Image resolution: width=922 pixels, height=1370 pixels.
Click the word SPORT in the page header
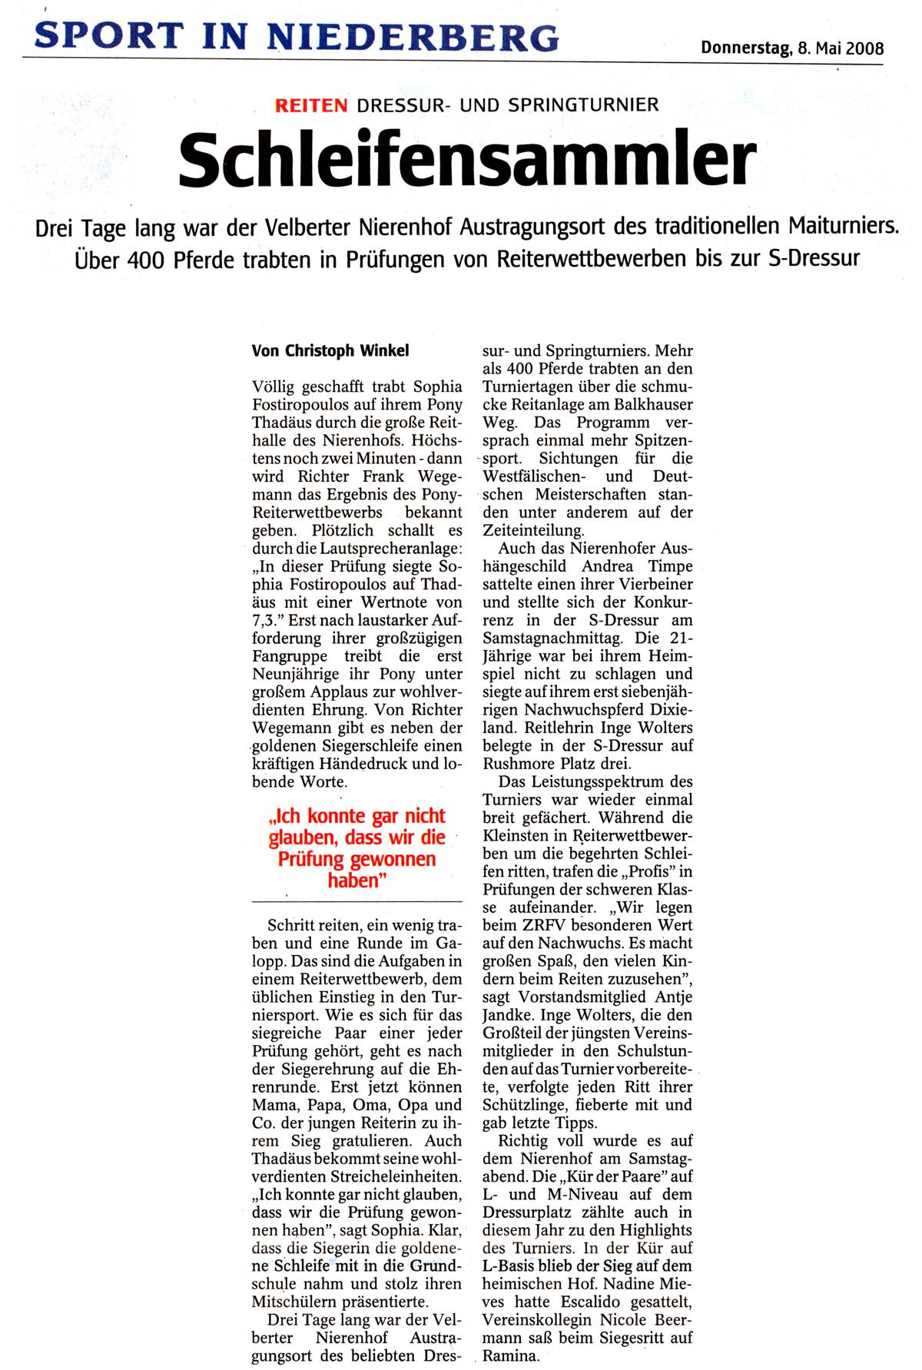click(x=108, y=37)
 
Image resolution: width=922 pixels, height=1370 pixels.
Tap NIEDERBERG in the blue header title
click(x=413, y=37)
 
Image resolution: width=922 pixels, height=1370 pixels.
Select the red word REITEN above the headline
click(x=311, y=105)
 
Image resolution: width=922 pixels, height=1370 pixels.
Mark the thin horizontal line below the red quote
click(x=357, y=901)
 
